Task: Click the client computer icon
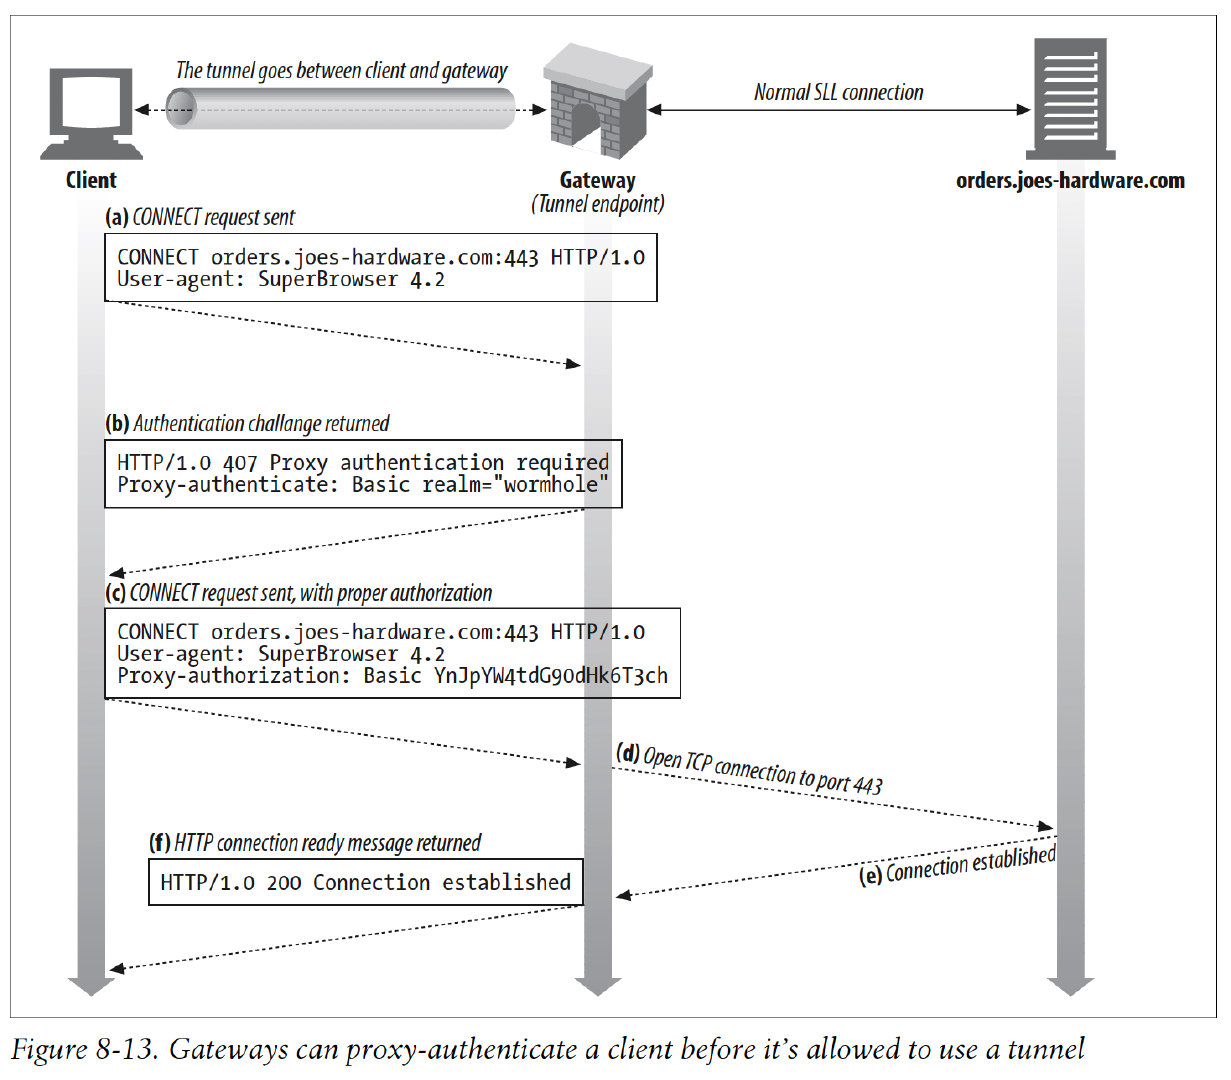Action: [91, 112]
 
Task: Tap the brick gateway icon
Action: [597, 102]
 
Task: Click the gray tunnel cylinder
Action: [340, 108]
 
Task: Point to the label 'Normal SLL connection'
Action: [838, 92]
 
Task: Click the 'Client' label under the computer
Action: [91, 180]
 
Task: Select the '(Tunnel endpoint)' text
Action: [597, 204]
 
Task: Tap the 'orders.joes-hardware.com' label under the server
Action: [1070, 181]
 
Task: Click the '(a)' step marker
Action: [117, 218]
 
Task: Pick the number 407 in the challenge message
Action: [240, 463]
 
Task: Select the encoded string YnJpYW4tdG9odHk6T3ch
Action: [550, 676]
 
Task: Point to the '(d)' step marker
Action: [628, 753]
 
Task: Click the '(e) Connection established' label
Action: [958, 865]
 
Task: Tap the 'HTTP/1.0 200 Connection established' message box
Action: [365, 882]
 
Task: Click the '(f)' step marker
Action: [160, 843]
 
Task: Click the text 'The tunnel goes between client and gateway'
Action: [341, 71]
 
